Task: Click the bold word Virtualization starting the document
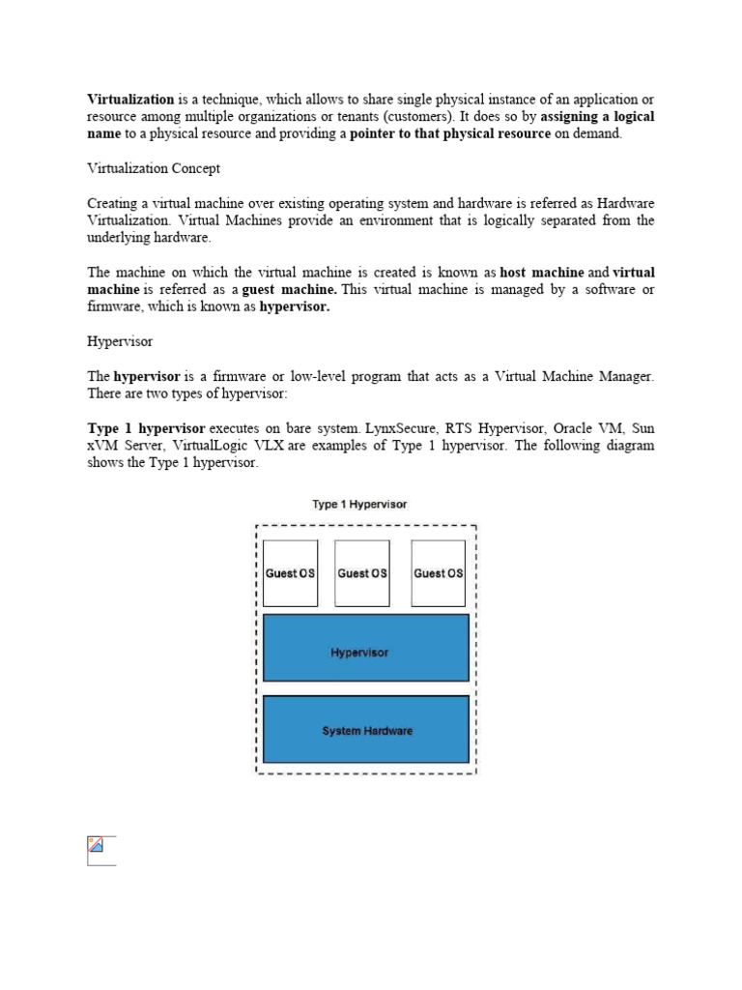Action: pos(130,99)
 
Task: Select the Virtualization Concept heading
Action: pos(154,168)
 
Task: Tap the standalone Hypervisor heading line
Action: pos(121,342)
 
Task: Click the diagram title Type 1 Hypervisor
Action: pos(359,505)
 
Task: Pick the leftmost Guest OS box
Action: pos(290,573)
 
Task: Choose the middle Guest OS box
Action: pos(362,573)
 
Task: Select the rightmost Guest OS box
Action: pos(438,573)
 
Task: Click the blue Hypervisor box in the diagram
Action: pos(364,653)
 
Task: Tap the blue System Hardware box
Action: pos(364,731)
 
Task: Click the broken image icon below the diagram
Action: pos(97,848)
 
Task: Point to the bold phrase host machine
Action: pos(542,273)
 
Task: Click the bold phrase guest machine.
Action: pos(290,290)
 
